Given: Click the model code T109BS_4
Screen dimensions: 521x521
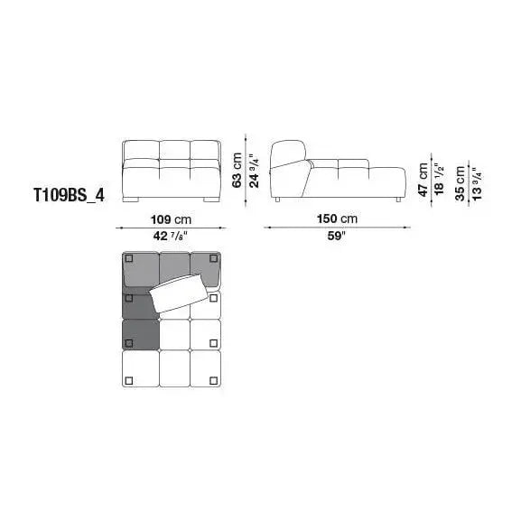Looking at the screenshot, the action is point(70,195).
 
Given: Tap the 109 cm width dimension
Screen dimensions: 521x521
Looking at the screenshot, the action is point(172,219).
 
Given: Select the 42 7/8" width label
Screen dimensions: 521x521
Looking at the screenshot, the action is point(171,236).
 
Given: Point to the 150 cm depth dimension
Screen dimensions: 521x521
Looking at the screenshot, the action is point(338,219).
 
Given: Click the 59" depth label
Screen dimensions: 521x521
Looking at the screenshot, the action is point(337,236).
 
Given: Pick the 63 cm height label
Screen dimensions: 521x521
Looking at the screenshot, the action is point(237,170).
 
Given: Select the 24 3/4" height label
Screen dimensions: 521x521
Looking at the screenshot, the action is point(255,171).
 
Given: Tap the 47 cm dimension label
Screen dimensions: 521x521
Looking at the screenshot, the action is point(423,180).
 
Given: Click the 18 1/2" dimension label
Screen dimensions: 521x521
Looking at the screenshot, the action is point(439,180).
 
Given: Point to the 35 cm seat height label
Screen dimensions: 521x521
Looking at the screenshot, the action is point(461,183).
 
